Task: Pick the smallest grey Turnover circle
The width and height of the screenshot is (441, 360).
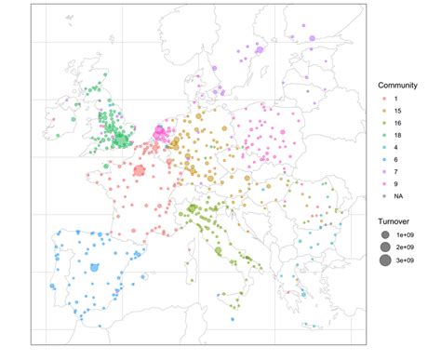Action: point(383,237)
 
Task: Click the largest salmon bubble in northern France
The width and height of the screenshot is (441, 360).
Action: point(140,170)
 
